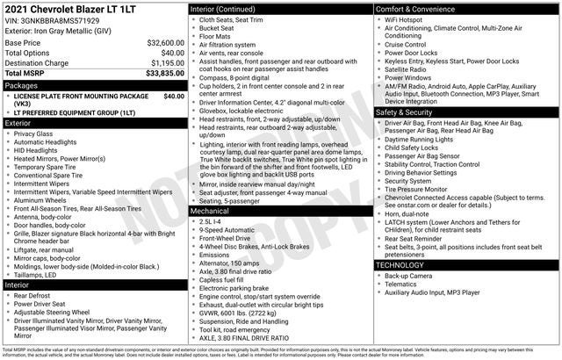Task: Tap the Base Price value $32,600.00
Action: (x=165, y=42)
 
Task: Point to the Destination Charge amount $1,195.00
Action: (x=167, y=63)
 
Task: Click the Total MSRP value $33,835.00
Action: (x=164, y=74)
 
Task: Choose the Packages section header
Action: (x=21, y=85)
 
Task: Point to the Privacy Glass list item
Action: (x=33, y=133)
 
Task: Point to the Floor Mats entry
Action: (x=217, y=36)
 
